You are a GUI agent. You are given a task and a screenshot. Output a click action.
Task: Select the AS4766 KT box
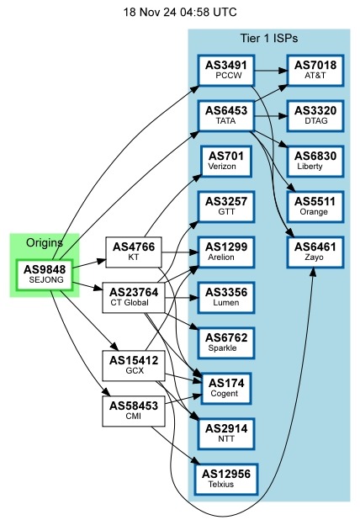click(133, 252)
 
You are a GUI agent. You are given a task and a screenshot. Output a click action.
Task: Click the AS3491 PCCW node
click(228, 69)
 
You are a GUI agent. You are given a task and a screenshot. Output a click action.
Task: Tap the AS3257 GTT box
click(228, 206)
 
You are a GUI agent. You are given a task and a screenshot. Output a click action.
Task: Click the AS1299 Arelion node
click(228, 252)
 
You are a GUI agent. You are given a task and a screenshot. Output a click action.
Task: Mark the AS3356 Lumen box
click(228, 297)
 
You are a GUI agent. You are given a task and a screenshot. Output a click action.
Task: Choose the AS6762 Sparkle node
click(228, 342)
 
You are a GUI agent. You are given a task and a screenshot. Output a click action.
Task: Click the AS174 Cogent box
click(228, 388)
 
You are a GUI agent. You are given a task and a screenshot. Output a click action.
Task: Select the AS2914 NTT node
click(228, 433)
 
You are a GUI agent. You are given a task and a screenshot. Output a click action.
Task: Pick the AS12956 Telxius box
click(228, 479)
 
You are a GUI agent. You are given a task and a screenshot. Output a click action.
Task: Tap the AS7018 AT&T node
click(316, 69)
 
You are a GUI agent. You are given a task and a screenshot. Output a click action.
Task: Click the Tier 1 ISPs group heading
click(268, 39)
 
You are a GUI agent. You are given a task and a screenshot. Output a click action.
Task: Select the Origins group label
click(45, 242)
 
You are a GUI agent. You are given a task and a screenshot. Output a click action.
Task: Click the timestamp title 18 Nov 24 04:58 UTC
click(179, 13)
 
